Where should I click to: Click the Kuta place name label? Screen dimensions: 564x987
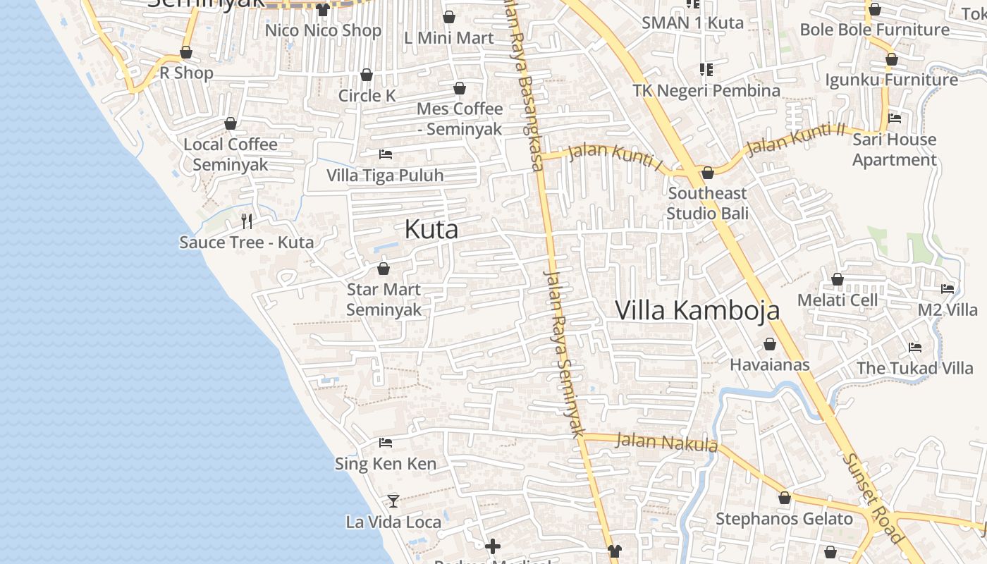(x=431, y=229)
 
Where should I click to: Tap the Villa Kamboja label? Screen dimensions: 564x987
(x=697, y=310)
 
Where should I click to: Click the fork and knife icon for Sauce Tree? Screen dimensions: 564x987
(x=247, y=221)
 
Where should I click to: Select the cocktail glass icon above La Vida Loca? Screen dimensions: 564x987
(x=393, y=501)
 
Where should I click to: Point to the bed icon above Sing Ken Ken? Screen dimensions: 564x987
(x=386, y=443)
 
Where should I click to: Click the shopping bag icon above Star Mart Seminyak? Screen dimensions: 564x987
(x=384, y=269)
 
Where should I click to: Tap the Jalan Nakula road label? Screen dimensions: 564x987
(x=666, y=443)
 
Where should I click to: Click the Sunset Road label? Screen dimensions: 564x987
(x=873, y=498)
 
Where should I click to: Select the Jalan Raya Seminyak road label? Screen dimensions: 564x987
(x=565, y=352)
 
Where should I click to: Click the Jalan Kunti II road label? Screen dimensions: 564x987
(x=795, y=139)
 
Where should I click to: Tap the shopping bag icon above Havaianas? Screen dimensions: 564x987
(x=770, y=344)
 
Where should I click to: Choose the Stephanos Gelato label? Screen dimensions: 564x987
(x=784, y=519)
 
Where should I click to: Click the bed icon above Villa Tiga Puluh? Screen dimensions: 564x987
(x=386, y=154)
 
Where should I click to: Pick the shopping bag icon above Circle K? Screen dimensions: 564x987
(x=367, y=75)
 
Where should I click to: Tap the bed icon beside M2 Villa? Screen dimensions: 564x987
(x=948, y=288)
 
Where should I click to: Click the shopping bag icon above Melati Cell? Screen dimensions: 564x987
(x=838, y=279)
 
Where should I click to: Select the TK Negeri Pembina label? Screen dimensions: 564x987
(x=706, y=90)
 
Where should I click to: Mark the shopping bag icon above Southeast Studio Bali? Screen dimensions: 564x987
(x=708, y=173)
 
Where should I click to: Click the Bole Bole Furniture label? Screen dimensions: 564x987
(x=874, y=30)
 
